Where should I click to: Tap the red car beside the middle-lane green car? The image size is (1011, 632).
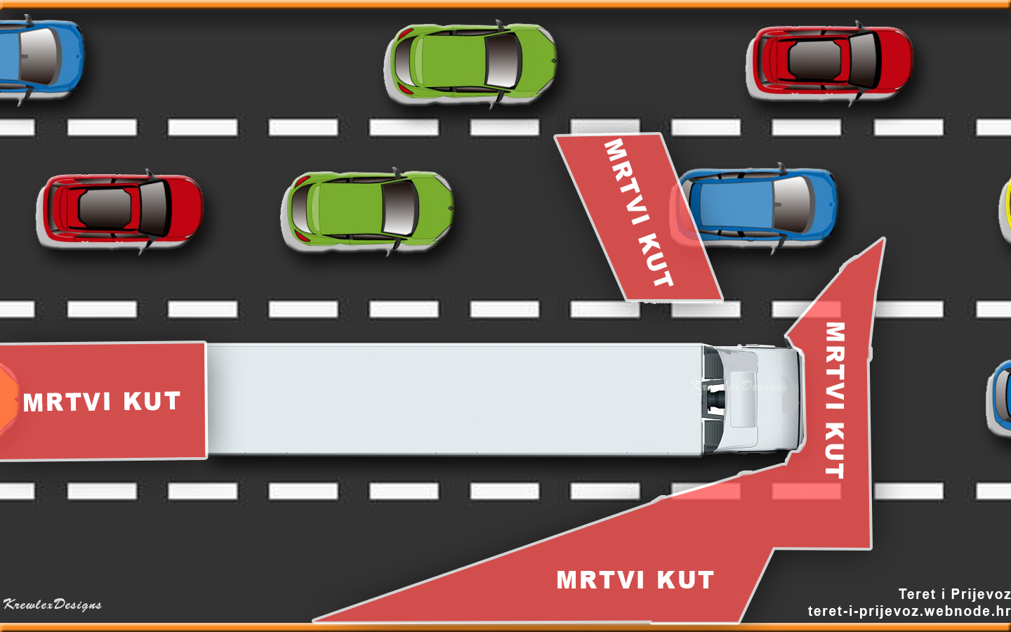[x=120, y=209]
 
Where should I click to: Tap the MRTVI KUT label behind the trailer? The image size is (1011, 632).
[x=102, y=402]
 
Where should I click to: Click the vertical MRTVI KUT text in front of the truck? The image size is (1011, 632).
[x=834, y=400]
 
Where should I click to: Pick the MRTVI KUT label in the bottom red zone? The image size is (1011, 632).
[x=635, y=580]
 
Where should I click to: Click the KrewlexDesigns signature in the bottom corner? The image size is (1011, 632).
[x=53, y=605]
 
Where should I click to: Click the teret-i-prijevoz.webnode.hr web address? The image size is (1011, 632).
[x=908, y=611]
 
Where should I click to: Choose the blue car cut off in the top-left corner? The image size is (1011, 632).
[x=39, y=56]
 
